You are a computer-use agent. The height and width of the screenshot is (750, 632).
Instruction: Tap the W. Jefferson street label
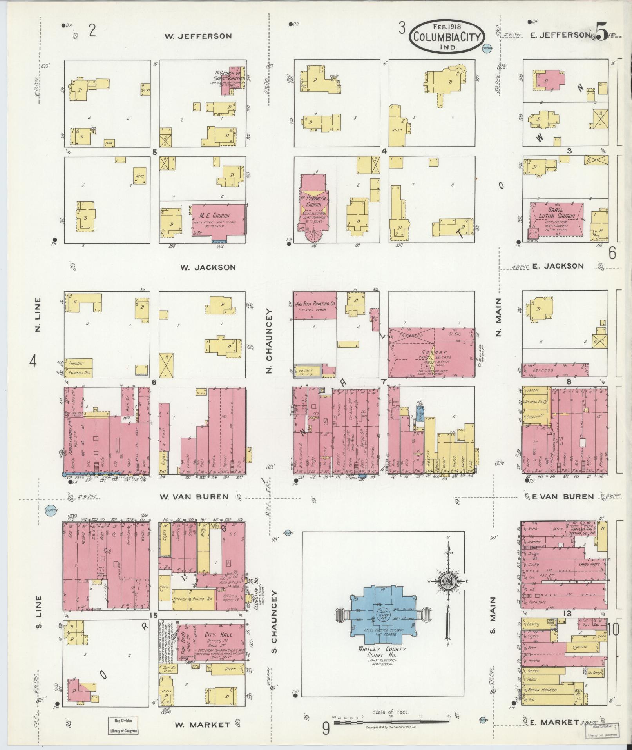tap(198, 36)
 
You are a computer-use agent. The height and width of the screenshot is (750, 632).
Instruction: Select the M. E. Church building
tap(219, 220)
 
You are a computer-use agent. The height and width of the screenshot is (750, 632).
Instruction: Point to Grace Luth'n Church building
tap(556, 220)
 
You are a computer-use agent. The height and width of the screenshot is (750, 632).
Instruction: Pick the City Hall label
tap(218, 634)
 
